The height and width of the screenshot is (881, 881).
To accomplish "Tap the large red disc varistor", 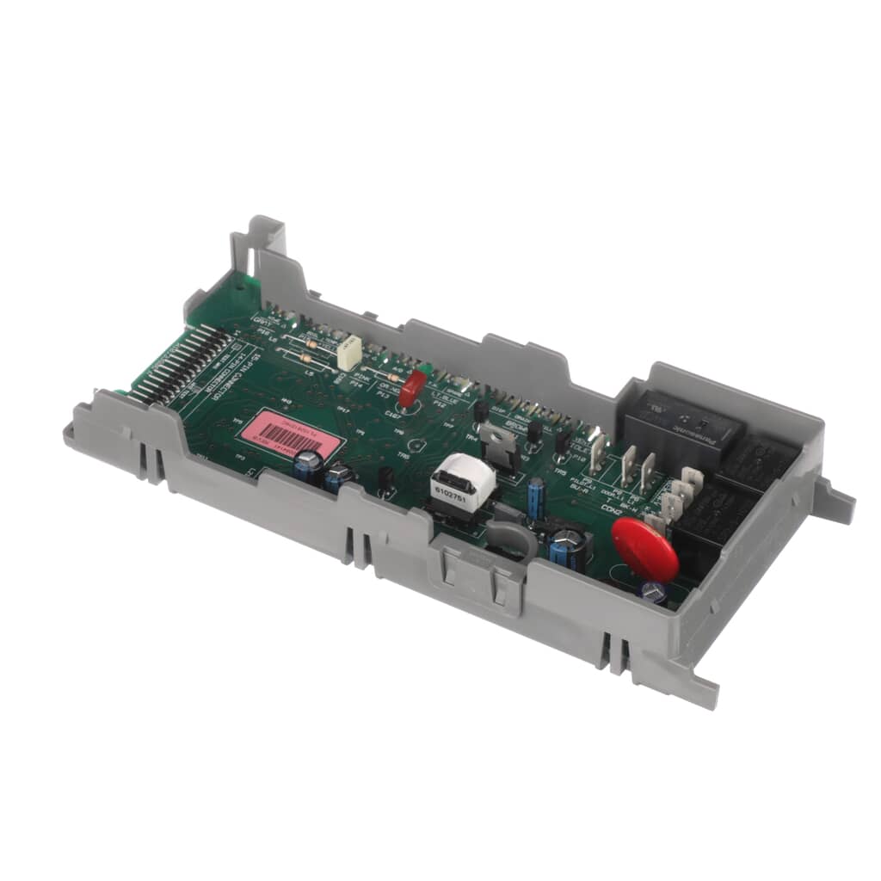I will (645, 551).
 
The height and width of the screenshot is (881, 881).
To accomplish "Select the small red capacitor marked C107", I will (410, 390).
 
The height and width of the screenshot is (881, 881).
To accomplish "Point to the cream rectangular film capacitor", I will (348, 353).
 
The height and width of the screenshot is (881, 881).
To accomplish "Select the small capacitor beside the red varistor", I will (653, 592).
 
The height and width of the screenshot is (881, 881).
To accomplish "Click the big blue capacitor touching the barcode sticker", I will (307, 467).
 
